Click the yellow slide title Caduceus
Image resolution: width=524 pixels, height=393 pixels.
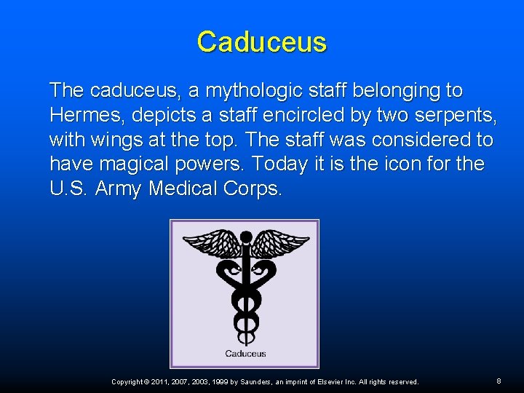coord(262,42)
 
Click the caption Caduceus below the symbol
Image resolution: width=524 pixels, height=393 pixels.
coord(245,354)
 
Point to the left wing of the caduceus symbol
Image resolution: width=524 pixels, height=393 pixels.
coord(212,243)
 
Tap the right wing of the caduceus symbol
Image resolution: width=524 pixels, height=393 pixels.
coord(279,243)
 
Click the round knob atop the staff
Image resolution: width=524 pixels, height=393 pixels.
coord(245,236)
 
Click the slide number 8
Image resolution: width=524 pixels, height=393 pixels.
coord(499,381)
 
